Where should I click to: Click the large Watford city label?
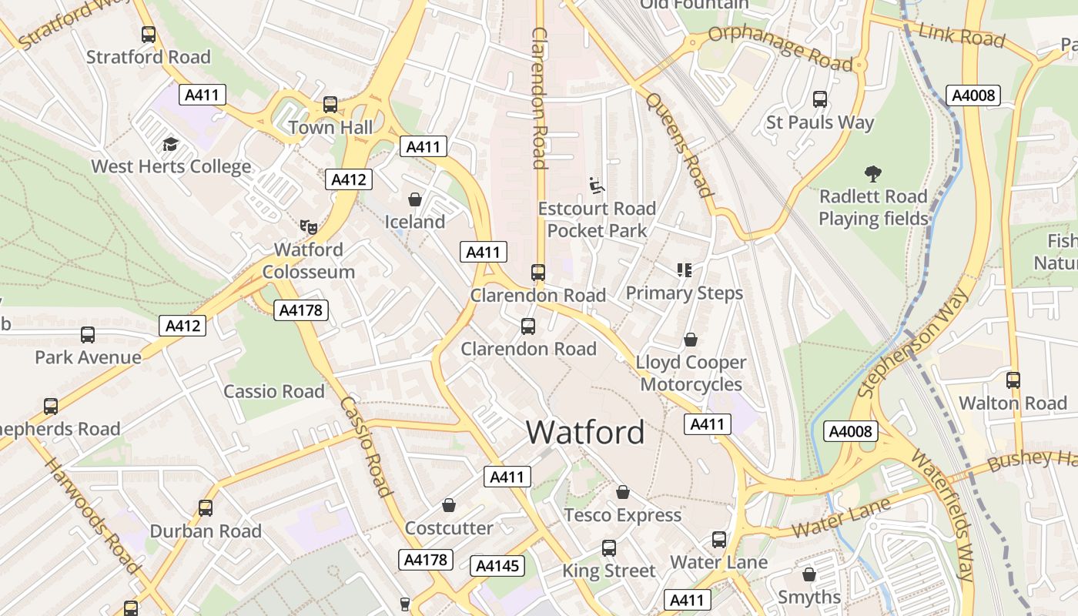click(x=585, y=432)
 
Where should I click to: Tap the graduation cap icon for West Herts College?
click(x=170, y=144)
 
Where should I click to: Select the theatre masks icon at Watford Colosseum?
click(x=309, y=226)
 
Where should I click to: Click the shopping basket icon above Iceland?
click(x=415, y=199)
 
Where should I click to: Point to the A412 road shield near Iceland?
click(x=349, y=179)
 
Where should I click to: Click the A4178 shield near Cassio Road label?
click(x=301, y=310)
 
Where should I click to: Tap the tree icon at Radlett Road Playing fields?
click(x=872, y=173)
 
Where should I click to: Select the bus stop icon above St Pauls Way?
click(x=820, y=99)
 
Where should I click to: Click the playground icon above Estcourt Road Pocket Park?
click(x=597, y=185)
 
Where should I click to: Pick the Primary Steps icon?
click(x=684, y=269)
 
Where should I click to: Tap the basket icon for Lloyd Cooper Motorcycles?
click(x=691, y=340)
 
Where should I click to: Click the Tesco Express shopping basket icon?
click(x=623, y=491)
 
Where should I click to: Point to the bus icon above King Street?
click(x=609, y=547)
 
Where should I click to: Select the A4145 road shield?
click(x=497, y=566)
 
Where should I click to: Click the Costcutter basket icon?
click(x=449, y=505)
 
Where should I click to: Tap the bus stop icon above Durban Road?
click(x=206, y=508)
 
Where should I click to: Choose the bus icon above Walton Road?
click(x=1013, y=380)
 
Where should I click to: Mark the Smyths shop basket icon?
click(x=808, y=574)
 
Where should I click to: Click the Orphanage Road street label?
click(x=780, y=47)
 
